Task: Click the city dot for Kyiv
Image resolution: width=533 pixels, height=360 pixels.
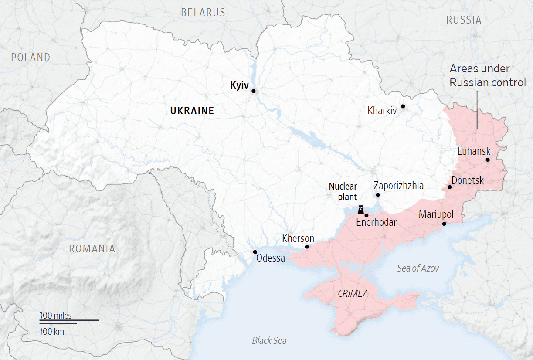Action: pos(253,91)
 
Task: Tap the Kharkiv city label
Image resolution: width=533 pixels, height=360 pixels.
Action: pos(382,111)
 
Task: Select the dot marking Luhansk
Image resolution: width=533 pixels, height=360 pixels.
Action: pos(488,160)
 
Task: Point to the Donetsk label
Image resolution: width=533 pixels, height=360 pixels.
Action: pos(468,180)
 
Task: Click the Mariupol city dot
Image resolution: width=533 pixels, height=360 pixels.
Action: pos(444,224)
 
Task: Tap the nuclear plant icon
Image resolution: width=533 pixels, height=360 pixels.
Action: pos(361,210)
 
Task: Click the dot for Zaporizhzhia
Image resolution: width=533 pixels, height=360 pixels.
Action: pos(378,195)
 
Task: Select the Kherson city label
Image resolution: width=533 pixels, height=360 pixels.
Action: pos(298,238)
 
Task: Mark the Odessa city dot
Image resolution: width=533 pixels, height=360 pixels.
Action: pos(255,252)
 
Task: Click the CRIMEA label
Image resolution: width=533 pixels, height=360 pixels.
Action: pos(353,294)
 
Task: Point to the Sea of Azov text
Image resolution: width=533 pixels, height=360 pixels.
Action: pos(418,268)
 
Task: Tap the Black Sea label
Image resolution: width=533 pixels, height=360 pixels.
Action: pos(269,340)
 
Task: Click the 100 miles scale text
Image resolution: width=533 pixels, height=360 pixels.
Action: pos(56,315)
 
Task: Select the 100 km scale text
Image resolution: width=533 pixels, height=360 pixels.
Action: pos(52,331)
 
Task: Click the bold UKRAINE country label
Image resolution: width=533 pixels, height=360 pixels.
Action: pos(192,111)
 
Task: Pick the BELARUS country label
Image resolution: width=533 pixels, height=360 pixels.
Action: pos(203,12)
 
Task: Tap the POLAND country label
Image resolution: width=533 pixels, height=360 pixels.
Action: pos(31,57)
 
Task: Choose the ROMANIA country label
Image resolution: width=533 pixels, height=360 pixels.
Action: pos(92,249)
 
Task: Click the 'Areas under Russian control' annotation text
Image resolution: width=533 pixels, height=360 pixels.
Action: pos(488,75)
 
